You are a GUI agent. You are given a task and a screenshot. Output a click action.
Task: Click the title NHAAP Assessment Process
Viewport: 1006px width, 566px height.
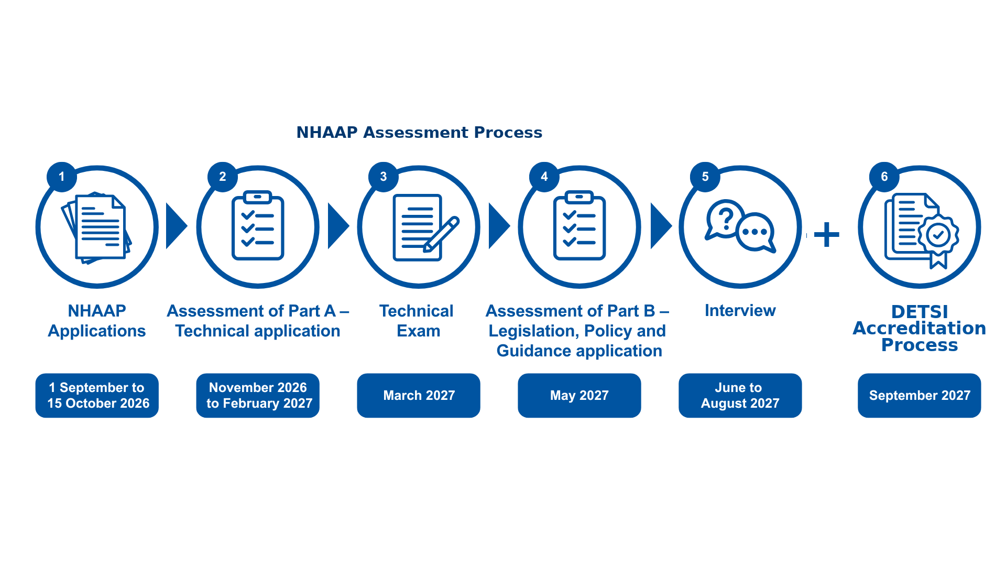[419, 133]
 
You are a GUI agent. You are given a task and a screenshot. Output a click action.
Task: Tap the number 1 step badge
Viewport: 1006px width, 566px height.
[62, 177]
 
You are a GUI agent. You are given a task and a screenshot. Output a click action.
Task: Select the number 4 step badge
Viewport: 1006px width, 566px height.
[544, 177]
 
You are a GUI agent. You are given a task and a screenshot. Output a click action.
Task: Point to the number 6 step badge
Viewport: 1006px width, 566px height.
[884, 177]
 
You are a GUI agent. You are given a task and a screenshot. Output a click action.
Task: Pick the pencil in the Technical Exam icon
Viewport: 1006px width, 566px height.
[441, 234]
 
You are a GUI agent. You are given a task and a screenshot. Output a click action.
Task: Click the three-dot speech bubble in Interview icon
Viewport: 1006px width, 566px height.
[756, 233]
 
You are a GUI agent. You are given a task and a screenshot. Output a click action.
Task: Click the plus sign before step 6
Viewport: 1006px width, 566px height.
[827, 234]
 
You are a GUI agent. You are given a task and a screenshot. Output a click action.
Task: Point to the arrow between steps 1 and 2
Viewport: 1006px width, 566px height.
[177, 226]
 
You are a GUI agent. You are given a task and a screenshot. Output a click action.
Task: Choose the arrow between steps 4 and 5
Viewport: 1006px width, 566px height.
[661, 226]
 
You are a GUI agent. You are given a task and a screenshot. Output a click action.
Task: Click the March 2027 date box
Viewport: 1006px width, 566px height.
[419, 395]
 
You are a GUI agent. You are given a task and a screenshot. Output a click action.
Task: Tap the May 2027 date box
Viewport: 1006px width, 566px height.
[579, 395]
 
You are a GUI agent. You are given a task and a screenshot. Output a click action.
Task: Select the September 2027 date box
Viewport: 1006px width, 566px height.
[920, 395]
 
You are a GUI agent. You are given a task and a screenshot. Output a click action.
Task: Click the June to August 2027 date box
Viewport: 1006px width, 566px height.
[740, 395]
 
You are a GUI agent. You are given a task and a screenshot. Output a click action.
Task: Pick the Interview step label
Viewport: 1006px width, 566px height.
[740, 311]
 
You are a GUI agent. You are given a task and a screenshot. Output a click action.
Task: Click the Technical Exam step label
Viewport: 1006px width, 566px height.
[417, 321]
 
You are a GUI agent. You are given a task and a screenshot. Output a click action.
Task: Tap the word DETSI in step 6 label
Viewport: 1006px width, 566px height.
[920, 312]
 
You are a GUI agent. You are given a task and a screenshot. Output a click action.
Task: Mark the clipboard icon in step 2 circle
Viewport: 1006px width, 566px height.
[258, 225]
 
